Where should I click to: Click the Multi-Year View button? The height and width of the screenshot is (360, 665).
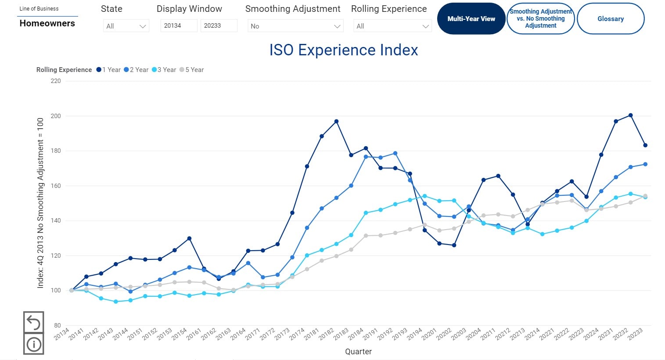[471, 19]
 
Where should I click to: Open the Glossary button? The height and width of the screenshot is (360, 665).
[610, 19]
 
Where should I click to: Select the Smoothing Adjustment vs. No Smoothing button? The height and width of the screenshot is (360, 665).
[540, 19]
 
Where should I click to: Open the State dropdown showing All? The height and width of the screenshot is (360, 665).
[126, 26]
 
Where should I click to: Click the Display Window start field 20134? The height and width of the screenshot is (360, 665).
[179, 26]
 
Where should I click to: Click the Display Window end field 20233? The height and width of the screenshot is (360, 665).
[219, 26]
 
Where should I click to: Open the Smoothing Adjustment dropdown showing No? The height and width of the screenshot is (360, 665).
[295, 26]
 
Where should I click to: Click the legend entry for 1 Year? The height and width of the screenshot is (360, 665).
[109, 70]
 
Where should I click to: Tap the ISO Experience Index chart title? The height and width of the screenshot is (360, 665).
[343, 50]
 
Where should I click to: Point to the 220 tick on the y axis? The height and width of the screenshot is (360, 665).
[56, 81]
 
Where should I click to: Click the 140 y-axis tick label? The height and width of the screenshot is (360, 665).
[56, 221]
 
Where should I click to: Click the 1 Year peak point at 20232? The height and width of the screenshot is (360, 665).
[630, 115]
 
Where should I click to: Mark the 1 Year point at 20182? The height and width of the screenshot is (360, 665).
[336, 122]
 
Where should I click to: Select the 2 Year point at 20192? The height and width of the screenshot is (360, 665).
[395, 154]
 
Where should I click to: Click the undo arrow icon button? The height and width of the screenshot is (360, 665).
[33, 322]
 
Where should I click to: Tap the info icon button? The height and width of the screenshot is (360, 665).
[33, 344]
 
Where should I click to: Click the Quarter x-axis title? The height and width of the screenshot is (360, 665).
[358, 352]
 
